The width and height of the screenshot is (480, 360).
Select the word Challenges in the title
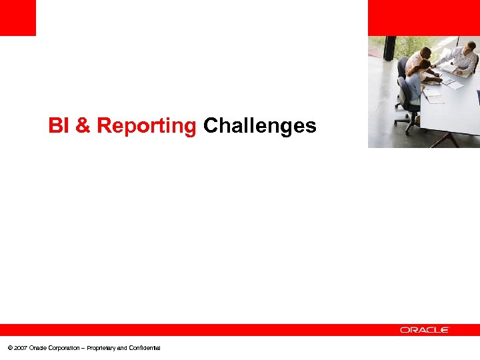[x=259, y=125]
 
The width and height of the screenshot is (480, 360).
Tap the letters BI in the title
[x=59, y=125]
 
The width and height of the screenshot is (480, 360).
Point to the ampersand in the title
[x=83, y=125]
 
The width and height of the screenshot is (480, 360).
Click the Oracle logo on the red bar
[x=425, y=330]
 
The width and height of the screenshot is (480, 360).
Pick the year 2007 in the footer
[x=19, y=348]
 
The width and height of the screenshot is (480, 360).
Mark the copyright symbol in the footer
[x=9, y=348]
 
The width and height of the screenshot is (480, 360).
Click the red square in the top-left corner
[x=17, y=17]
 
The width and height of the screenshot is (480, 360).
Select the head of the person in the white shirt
[x=426, y=52]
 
